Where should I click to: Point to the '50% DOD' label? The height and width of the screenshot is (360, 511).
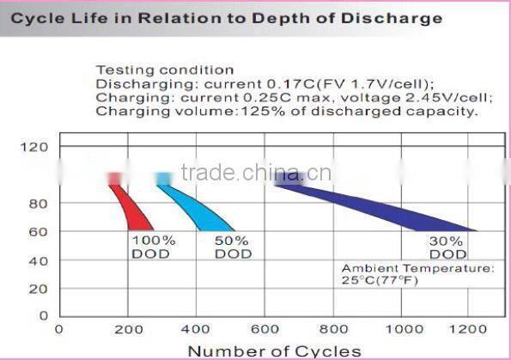233,247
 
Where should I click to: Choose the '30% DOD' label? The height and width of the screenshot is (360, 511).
447,247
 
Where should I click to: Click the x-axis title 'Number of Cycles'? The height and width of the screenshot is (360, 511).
275,351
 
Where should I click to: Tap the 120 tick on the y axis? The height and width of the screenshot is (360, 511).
34,147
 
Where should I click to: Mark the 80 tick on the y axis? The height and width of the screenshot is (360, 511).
38,204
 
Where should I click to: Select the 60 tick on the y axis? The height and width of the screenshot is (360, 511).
38,232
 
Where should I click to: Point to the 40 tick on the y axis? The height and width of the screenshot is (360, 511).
38,260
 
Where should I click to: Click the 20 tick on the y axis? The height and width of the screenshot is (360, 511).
38,289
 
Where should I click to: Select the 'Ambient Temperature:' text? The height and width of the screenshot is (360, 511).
418,269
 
